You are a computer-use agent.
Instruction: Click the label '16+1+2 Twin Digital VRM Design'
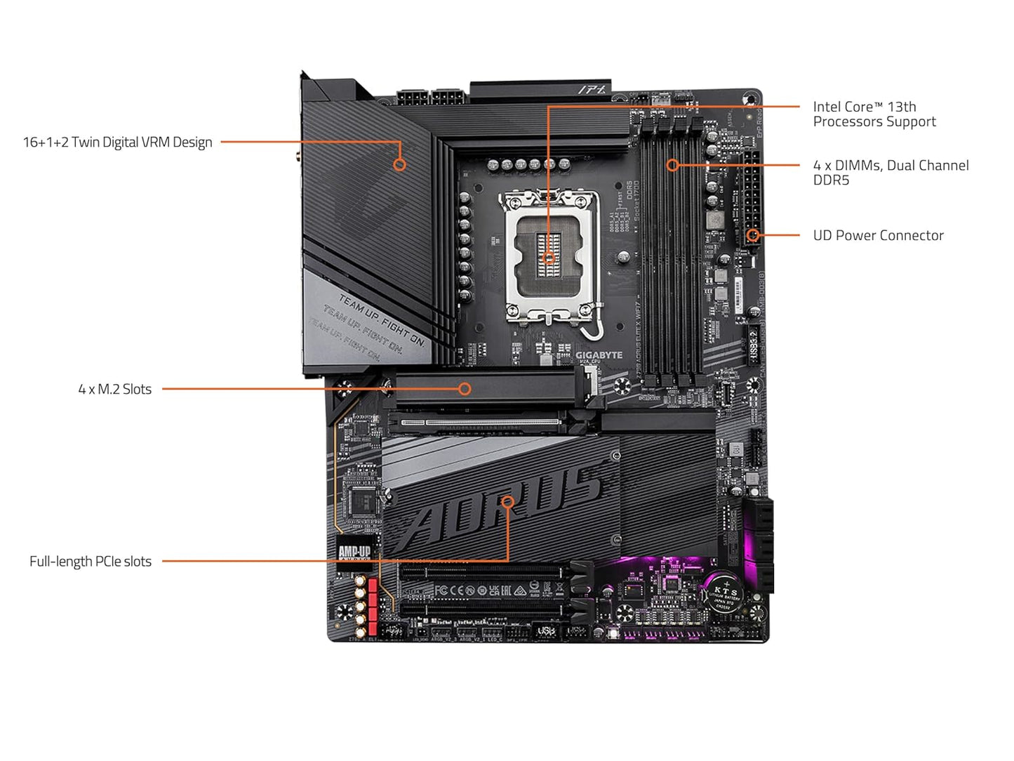point(117,142)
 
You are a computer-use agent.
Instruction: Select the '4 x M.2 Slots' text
point(114,389)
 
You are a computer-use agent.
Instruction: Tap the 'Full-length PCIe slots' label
point(91,562)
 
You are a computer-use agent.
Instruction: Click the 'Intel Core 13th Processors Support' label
point(874,114)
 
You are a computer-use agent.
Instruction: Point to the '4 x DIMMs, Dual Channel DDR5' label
point(890,173)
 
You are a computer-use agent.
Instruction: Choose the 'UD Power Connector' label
point(878,236)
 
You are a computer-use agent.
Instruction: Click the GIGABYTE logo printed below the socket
point(599,355)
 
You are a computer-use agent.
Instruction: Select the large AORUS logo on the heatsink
point(502,505)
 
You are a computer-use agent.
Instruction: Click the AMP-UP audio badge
point(354,552)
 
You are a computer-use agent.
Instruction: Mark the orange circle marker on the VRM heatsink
point(399,165)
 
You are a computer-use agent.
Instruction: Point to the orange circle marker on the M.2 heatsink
point(465,389)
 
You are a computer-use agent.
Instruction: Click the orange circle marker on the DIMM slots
point(672,166)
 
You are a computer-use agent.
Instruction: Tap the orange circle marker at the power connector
point(752,235)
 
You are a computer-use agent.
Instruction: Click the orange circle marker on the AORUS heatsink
point(507,502)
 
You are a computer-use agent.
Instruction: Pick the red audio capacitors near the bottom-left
point(372,600)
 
